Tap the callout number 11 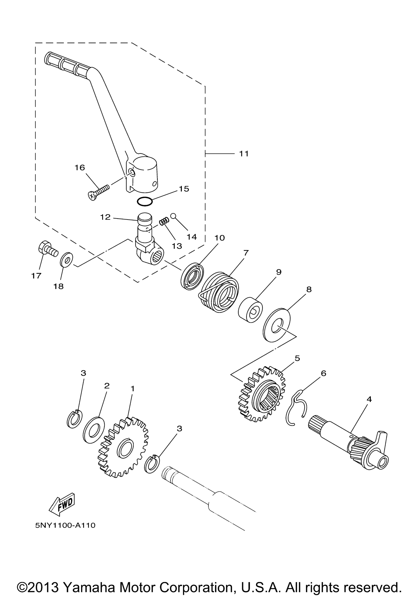click(x=244, y=154)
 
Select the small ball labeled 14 click(x=173, y=215)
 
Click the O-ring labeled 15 click(x=144, y=202)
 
